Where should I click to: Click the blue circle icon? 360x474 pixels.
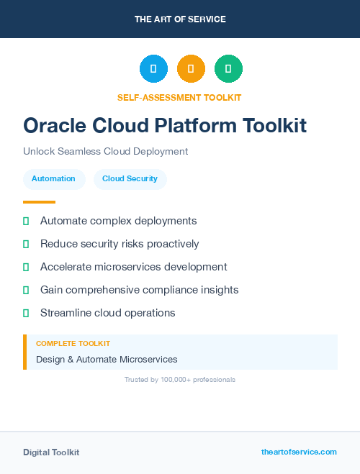pyautogui.click(x=153, y=69)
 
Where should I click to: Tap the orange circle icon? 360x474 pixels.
pyautogui.click(x=191, y=69)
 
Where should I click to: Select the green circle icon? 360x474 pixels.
pyautogui.click(x=228, y=69)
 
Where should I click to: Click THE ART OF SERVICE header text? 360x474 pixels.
pyautogui.click(x=180, y=19)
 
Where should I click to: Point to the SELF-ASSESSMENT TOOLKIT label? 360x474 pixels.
pyautogui.click(x=179, y=98)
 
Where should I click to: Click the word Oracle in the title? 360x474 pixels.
pyautogui.click(x=55, y=125)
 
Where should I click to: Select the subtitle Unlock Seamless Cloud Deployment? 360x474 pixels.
pyautogui.click(x=105, y=152)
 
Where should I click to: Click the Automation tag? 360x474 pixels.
pyautogui.click(x=53, y=178)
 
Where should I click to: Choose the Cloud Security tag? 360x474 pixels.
pyautogui.click(x=130, y=178)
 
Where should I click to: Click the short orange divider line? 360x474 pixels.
pyautogui.click(x=39, y=202)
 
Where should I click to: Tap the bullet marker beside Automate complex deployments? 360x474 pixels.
pyautogui.click(x=26, y=222)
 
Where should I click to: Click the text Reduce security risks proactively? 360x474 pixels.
pyautogui.click(x=120, y=244)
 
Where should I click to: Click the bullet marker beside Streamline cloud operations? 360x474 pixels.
pyautogui.click(x=26, y=313)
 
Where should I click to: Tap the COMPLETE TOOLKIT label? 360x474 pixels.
pyautogui.click(x=73, y=344)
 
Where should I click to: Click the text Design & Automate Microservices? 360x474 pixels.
pyautogui.click(x=107, y=359)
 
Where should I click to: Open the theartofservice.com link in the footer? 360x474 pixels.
pyautogui.click(x=299, y=452)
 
